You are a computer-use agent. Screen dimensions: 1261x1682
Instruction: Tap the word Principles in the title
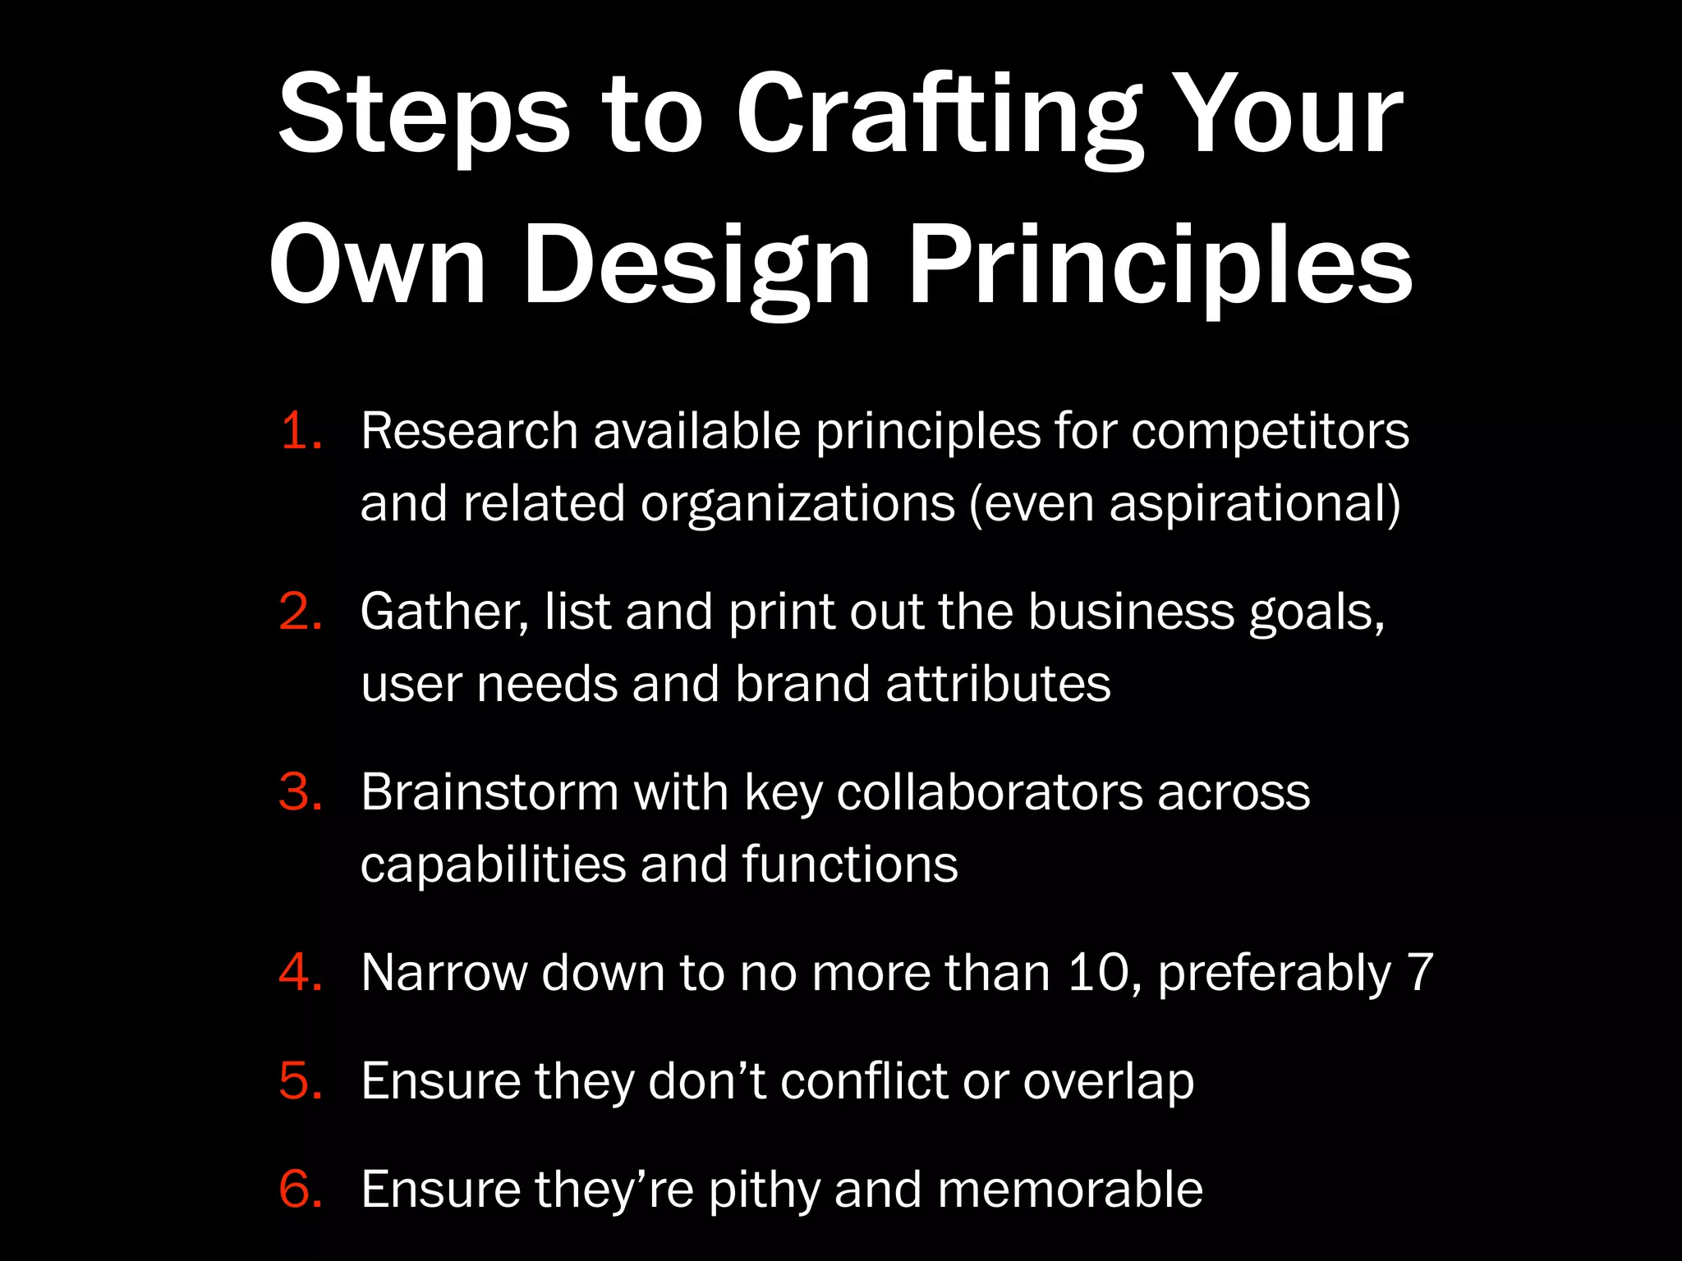pos(1160,266)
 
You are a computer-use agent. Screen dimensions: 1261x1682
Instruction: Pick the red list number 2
pos(301,612)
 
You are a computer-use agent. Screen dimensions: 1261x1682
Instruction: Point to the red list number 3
pos(301,793)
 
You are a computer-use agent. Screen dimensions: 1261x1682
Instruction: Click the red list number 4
pos(301,974)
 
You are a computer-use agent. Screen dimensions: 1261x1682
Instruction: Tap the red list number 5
pos(301,1082)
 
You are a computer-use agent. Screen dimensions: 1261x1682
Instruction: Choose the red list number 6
pos(301,1190)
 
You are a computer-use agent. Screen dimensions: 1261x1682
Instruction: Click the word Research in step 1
pos(469,432)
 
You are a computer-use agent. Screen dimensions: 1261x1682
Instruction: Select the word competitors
pos(1270,432)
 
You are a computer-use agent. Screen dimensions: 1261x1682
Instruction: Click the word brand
pos(802,685)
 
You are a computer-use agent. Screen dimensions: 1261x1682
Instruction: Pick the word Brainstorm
pos(489,793)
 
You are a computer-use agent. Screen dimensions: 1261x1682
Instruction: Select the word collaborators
pos(990,793)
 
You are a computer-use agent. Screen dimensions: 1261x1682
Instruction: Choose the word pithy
pos(764,1190)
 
